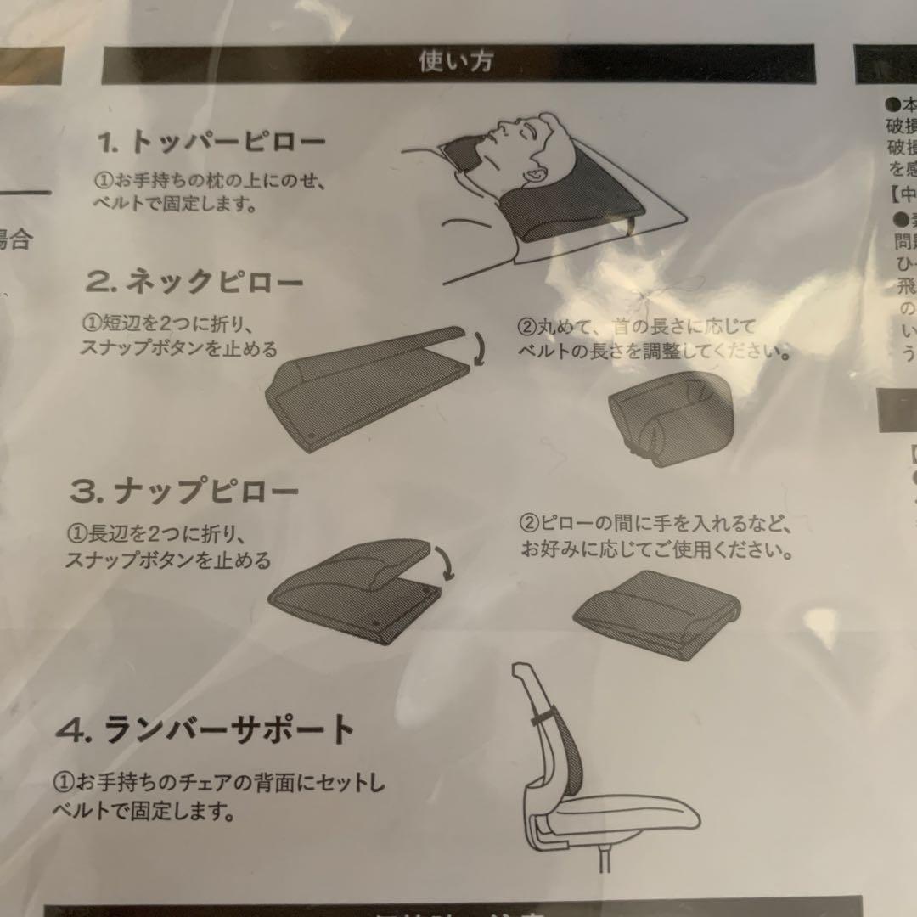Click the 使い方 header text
[x=455, y=62]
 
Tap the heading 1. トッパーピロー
[x=210, y=143]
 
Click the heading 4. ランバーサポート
[x=205, y=729]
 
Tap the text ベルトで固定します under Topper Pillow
[x=175, y=205]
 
